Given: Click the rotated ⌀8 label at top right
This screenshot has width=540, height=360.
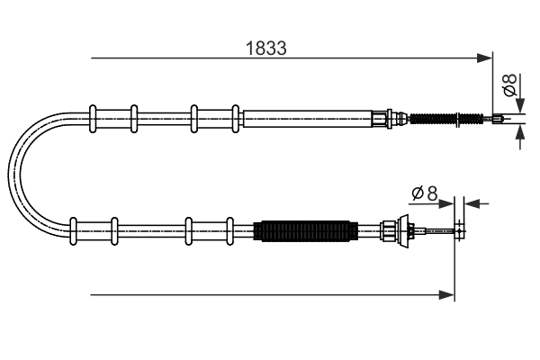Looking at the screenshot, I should [508, 87].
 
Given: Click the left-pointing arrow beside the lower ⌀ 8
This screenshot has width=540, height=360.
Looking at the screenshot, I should [472, 202].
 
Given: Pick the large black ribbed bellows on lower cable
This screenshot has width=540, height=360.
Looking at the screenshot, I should [302, 230].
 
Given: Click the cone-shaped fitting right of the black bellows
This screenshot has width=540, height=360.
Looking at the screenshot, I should [391, 230].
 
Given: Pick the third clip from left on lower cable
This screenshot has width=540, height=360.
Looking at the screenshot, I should [188, 229].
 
